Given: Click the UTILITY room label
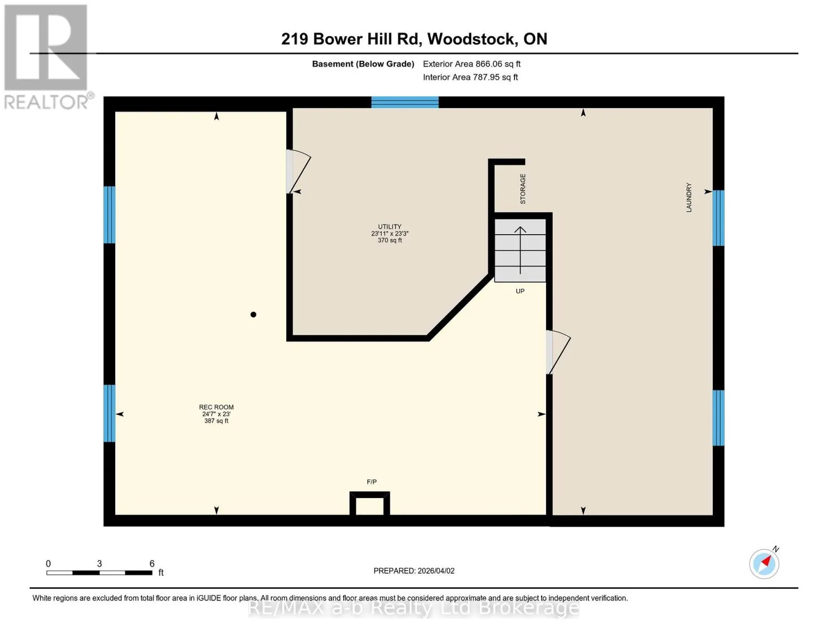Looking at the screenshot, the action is pos(389,227).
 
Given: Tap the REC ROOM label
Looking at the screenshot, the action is pos(216,407).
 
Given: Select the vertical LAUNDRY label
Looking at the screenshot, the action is pos(688,197).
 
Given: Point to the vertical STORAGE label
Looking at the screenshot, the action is pos(523,189).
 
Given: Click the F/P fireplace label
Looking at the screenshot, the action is pos(372,482).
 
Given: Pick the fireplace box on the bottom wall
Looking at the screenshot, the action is pos(369,503).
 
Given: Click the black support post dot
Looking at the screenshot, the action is pos(253,315).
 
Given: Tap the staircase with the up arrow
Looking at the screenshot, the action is pos(520,251).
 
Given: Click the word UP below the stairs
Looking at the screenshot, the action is pos(520,291).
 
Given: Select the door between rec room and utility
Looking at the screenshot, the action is pos(299,172).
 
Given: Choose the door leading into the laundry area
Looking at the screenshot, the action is pos(558,352).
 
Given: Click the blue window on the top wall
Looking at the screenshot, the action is pos(405,102).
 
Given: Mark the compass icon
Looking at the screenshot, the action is pos(765,563).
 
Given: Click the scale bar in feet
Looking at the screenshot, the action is pos(100,572).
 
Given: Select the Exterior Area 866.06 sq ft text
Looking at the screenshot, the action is pos(472,64).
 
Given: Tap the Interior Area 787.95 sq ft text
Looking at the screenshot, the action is pos(471,77).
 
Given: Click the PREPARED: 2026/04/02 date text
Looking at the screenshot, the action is pos(414,571).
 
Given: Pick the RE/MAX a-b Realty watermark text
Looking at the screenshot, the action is pos(414,608).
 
